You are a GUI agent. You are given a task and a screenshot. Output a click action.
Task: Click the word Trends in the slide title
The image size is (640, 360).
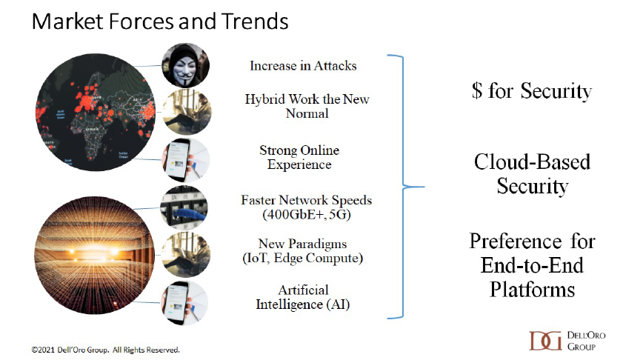pos(255,21)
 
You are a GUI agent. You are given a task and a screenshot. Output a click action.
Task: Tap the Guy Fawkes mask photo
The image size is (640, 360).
pos(186,65)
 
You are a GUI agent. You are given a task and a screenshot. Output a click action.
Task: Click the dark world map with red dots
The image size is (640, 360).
pos(96,112)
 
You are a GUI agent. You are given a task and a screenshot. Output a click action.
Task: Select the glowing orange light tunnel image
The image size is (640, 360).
pos(95,255)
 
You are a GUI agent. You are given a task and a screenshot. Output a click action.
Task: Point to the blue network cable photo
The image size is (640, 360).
pos(184,207)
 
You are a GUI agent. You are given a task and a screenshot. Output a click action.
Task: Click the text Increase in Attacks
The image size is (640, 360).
pos(303,66)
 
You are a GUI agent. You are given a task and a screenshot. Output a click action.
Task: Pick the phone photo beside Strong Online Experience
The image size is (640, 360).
pos(186,159)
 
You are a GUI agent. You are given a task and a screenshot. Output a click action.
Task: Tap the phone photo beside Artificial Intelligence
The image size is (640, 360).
pos(185,302)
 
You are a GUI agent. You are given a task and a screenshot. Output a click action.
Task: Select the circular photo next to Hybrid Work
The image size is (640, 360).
pos(187,112)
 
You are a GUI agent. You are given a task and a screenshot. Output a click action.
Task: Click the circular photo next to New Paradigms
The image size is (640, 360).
pos(186,255)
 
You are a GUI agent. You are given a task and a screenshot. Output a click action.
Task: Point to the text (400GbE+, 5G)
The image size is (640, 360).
pos(307,214)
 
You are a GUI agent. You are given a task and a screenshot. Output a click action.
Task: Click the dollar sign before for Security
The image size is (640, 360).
pos(477,90)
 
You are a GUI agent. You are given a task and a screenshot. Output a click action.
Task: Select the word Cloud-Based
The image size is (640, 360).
pos(533,162)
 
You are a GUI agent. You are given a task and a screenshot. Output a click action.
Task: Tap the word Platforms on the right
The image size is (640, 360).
pos(533,290)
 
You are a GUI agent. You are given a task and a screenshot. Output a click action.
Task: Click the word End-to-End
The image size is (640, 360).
pos(533,265)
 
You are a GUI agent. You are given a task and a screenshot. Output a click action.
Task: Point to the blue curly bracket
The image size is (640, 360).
pos(403,187)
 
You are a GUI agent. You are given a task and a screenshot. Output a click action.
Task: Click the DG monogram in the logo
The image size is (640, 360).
pos(545,341)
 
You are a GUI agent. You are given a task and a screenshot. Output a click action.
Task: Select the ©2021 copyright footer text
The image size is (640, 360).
pos(105,350)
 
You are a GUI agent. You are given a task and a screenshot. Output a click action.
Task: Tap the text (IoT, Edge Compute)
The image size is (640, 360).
pos(302,258)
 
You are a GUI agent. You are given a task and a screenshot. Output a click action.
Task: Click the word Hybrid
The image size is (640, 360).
pos(265,99)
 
